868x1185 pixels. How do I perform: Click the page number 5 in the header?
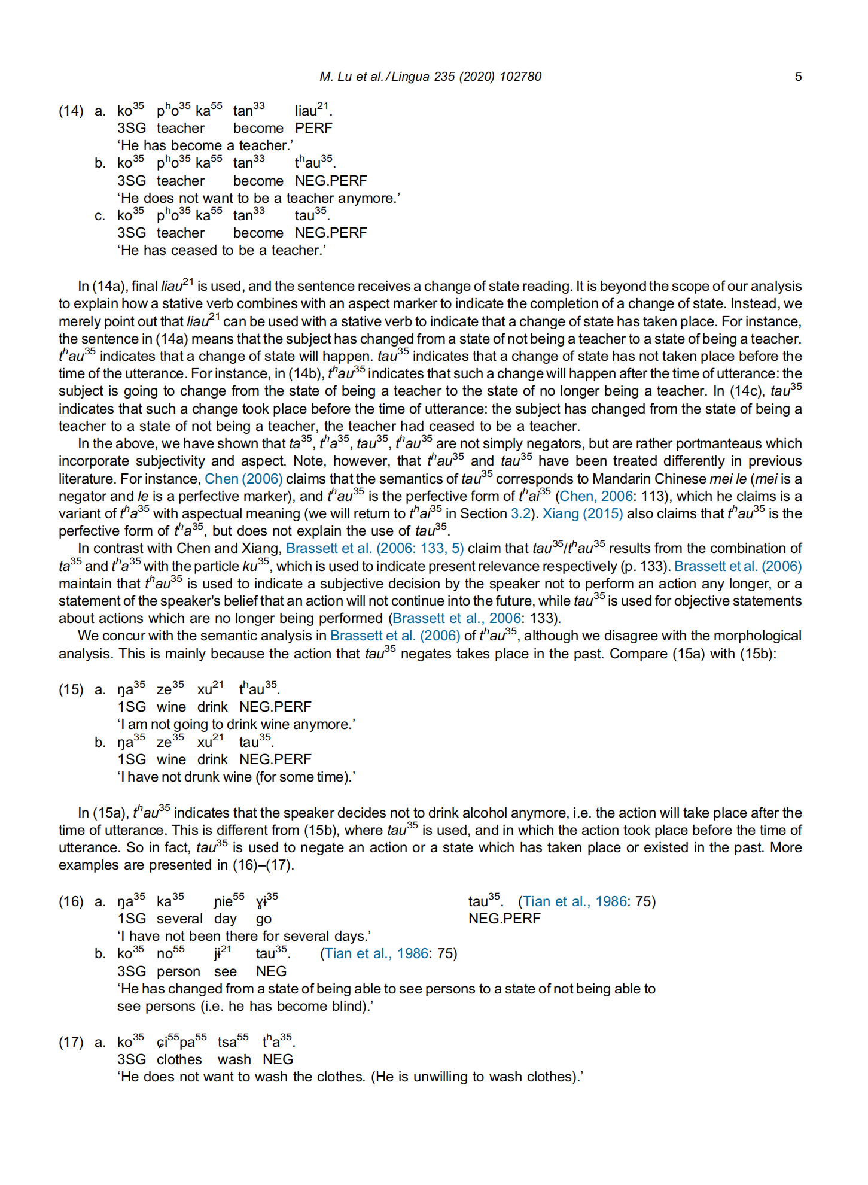(798, 77)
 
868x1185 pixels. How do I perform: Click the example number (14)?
(71, 111)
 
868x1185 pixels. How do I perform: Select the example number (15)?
(71, 689)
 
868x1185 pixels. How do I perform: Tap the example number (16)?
(71, 901)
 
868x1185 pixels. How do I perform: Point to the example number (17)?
(71, 1042)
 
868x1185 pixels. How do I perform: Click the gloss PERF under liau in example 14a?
(313, 128)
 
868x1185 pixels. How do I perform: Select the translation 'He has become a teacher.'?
(205, 145)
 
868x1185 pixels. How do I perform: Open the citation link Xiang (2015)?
(582, 513)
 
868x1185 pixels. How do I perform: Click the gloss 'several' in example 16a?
(179, 919)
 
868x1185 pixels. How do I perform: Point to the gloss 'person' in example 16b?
(178, 971)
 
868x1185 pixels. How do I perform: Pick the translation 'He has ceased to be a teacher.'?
(221, 250)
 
